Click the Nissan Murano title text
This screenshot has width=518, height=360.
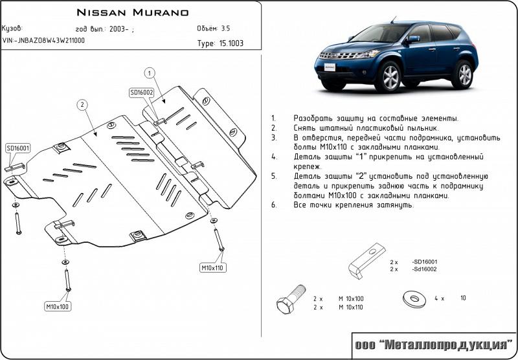pos(133,12)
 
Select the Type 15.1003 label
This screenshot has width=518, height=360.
pos(220,44)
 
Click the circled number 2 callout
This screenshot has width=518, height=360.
pos(82,104)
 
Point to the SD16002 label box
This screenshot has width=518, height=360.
pos(141,93)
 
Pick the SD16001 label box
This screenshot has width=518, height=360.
pos(18,148)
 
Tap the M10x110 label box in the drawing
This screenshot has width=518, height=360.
pos(211,267)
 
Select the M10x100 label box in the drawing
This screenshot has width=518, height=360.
pos(58,306)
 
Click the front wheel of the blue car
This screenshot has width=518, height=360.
pos(391,78)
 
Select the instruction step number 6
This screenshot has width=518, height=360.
pos(274,205)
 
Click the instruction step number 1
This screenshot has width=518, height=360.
pos(274,118)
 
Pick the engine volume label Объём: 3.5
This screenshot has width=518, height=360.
pos(213,28)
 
